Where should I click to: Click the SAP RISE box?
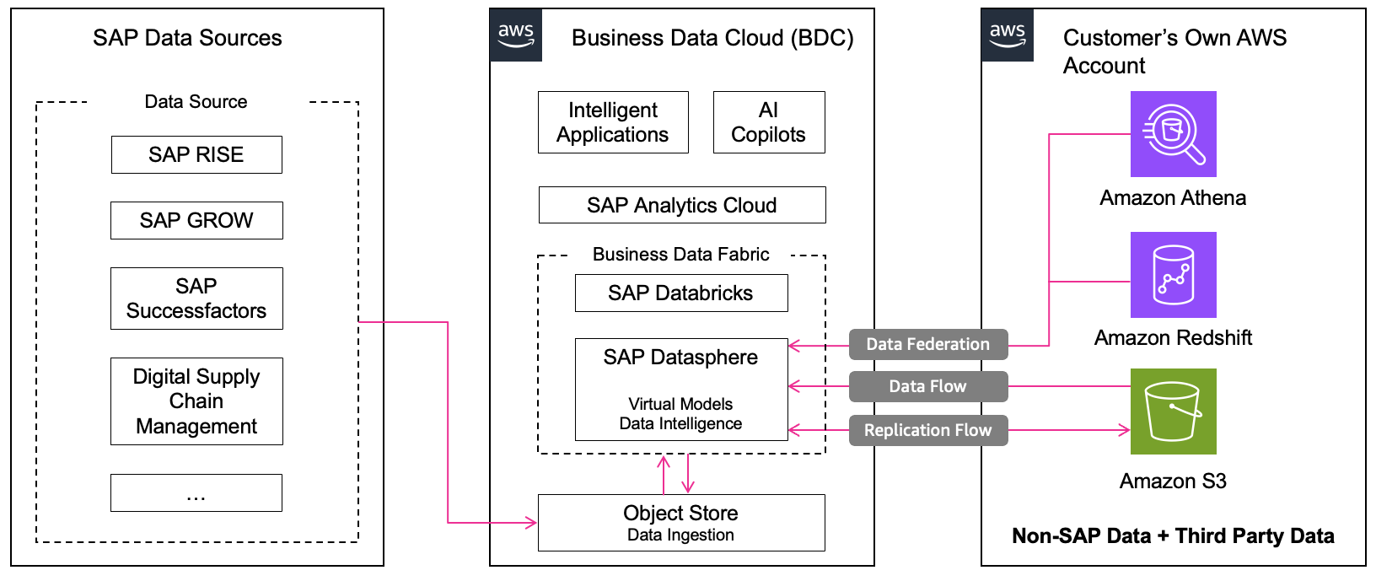(196, 154)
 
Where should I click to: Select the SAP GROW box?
(196, 220)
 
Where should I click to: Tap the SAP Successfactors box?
(196, 299)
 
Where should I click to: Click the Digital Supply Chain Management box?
(196, 401)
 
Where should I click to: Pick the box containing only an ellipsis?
(196, 492)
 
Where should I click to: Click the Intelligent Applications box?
(613, 122)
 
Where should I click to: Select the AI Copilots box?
(768, 122)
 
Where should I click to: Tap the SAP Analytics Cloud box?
(681, 205)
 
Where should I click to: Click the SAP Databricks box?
(680, 293)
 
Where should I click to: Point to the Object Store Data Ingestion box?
(680, 523)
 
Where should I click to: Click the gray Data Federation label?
(927, 344)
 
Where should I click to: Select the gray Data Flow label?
(927, 386)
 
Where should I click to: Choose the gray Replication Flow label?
(927, 430)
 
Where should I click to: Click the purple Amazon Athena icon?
(1173, 134)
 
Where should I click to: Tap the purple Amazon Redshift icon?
(1173, 275)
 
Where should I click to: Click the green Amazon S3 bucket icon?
(1173, 412)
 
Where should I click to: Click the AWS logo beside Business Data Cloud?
(516, 35)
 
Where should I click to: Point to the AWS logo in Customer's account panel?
(1008, 35)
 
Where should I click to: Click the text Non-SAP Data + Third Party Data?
(1173, 536)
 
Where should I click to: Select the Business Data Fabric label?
(680, 255)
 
